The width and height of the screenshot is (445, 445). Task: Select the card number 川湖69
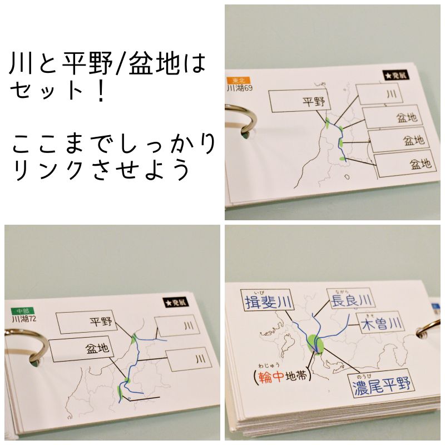(x=240, y=88)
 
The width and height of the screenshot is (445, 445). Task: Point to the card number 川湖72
(x=24, y=319)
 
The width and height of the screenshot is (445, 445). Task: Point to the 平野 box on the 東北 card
(x=300, y=101)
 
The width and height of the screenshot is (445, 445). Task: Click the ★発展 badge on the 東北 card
(x=396, y=76)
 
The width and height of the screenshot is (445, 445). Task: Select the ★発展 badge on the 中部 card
(x=176, y=303)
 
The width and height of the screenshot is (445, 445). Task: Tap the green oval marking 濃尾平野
(x=315, y=344)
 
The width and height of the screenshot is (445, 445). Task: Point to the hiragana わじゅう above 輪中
(x=269, y=365)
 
